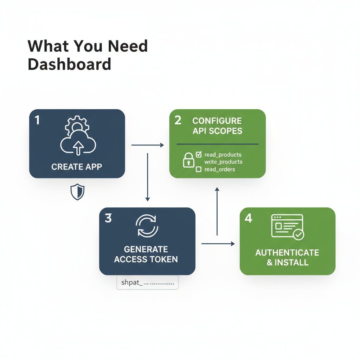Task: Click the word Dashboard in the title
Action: pyautogui.click(x=69, y=64)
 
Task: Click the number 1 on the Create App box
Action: pyautogui.click(x=37, y=120)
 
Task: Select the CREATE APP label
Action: pyautogui.click(x=77, y=167)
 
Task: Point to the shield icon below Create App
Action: pyautogui.click(x=77, y=192)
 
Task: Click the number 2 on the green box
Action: pyautogui.click(x=178, y=120)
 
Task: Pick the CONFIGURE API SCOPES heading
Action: pyautogui.click(x=217, y=126)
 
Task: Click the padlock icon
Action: pyautogui.click(x=188, y=160)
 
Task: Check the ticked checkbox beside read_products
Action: pyautogui.click(x=198, y=154)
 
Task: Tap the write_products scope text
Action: pyautogui.click(x=223, y=162)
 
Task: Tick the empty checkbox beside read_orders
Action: pyautogui.click(x=198, y=169)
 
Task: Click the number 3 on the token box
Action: pyautogui.click(x=108, y=218)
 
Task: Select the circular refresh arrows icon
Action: pyautogui.click(x=147, y=226)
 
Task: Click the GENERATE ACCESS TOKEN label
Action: pyautogui.click(x=146, y=255)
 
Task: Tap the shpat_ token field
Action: pyautogui.click(x=147, y=282)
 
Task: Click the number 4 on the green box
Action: pyautogui.click(x=248, y=218)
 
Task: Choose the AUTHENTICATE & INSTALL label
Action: pyautogui.click(x=287, y=257)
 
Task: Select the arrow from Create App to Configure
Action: pyautogui.click(x=147, y=145)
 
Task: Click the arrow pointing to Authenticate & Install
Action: pyautogui.click(x=218, y=243)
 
